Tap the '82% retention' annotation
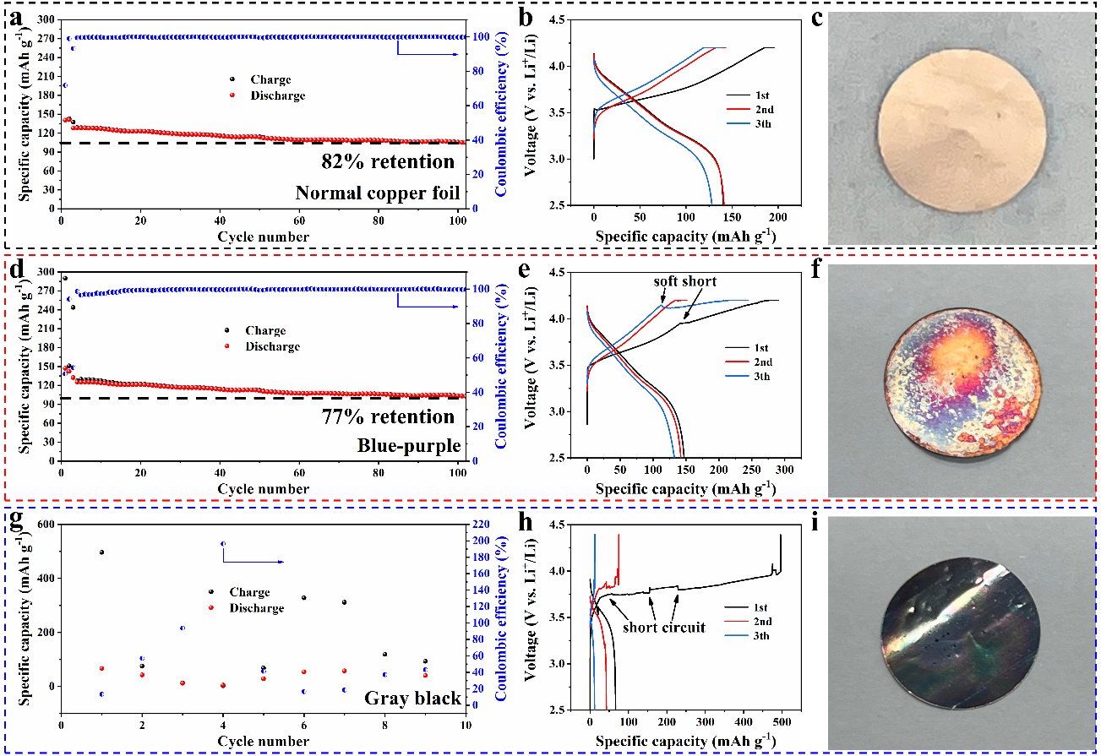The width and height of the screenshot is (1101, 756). point(388,161)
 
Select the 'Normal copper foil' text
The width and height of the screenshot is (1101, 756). point(377,193)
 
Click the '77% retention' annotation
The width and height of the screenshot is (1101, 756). point(388,416)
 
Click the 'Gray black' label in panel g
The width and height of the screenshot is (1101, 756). point(412,698)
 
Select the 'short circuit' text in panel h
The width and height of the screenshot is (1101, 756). point(664,628)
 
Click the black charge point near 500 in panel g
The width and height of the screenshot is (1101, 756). point(101,552)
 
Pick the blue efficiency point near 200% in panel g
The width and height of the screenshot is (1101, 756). point(223,544)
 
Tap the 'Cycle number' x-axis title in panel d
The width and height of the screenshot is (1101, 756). point(263,488)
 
